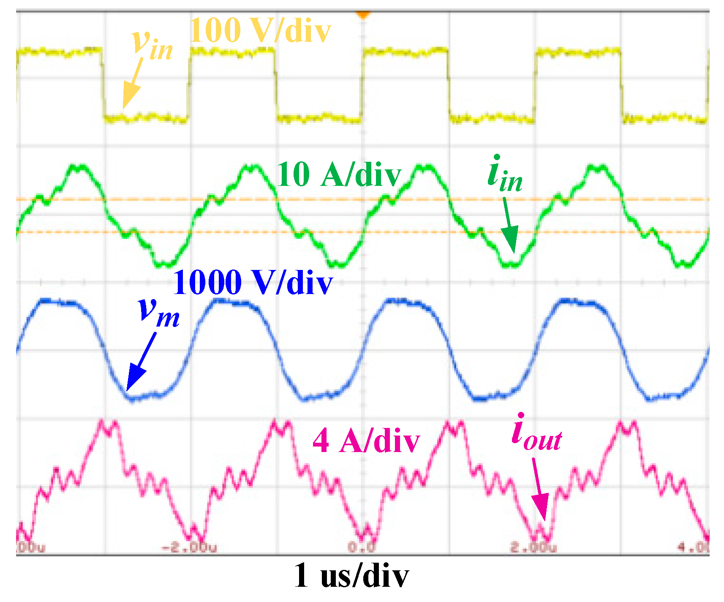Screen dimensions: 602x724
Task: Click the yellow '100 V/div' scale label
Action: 260,30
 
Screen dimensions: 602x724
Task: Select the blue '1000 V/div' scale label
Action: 253,282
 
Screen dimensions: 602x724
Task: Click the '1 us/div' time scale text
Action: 351,575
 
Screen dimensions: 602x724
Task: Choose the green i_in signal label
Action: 505,176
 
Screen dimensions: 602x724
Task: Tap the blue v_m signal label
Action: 159,313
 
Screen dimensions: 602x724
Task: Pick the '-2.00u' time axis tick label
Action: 190,548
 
